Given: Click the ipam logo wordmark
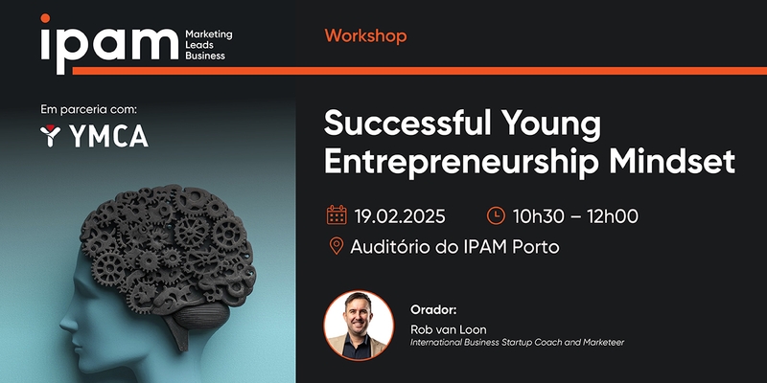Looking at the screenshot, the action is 109,44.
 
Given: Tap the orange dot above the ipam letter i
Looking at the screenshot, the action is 45,18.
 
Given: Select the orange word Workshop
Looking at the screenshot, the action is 365,36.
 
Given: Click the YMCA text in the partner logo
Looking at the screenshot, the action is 108,136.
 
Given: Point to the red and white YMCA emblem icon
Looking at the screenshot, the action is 50,136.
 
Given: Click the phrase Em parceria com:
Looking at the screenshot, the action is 88,110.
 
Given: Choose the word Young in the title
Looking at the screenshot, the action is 552,125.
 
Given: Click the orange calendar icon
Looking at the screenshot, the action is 337,214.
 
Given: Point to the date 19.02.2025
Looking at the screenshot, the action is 400,216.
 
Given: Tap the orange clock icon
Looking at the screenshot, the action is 496,215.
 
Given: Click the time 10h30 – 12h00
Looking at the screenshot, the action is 575,216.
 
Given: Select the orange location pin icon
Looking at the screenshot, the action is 337,246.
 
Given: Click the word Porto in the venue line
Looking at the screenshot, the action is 535,247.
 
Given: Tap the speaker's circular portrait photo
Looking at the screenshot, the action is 359,326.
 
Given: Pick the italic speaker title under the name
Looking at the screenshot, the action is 517,343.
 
